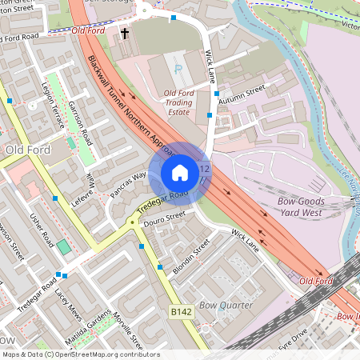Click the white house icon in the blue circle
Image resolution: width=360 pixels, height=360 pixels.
click(180, 172)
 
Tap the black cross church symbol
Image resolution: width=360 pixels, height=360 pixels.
click(125, 34)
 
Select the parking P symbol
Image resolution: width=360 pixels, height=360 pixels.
click(178, 69)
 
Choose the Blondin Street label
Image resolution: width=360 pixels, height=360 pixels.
click(190, 255)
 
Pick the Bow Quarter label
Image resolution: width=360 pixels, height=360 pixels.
click(226, 306)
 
